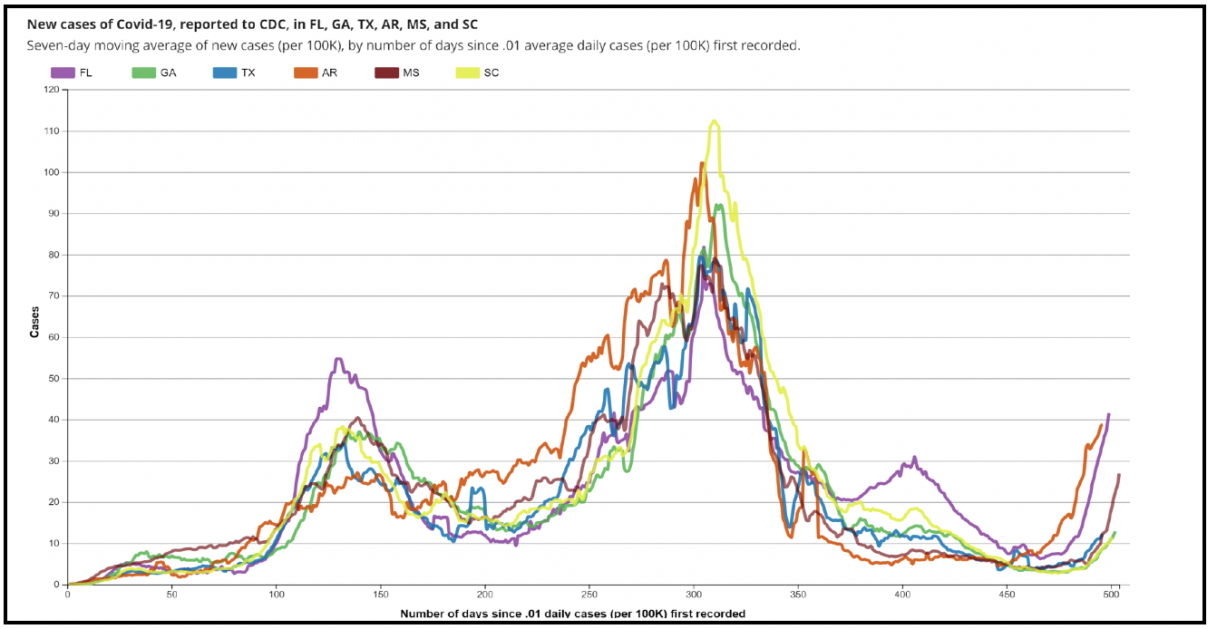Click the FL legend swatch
coord(63,73)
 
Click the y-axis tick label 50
coord(53,379)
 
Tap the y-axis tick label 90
coord(53,214)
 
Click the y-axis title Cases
coord(34,321)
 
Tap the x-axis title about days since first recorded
coord(572,614)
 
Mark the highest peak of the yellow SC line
coord(715,121)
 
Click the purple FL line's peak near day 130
coord(337,359)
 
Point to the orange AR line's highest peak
coord(702,163)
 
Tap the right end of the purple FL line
coord(1108,414)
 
